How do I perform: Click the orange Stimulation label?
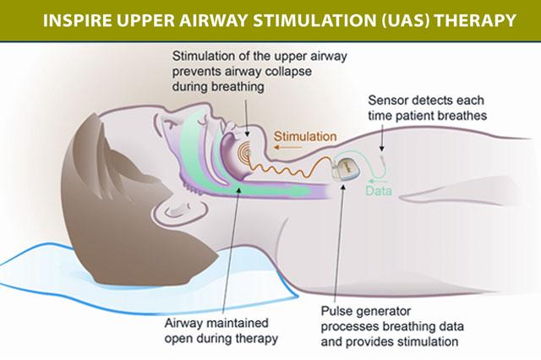pyautogui.click(x=305, y=135)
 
